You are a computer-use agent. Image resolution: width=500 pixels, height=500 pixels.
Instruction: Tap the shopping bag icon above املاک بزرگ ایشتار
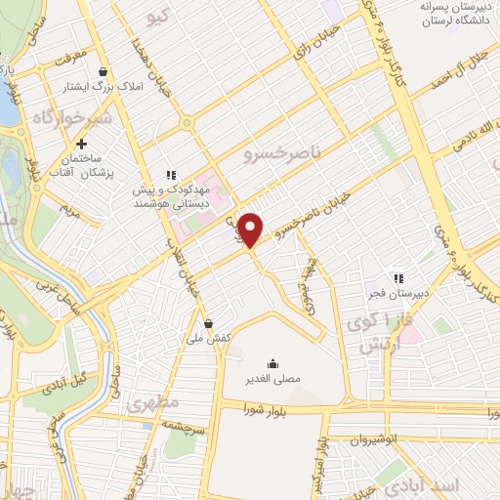pos(104,70)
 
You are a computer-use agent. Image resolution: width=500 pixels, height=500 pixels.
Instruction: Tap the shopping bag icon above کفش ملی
pos(209,322)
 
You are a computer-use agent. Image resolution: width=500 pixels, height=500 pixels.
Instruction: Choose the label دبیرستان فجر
pos(410,291)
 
